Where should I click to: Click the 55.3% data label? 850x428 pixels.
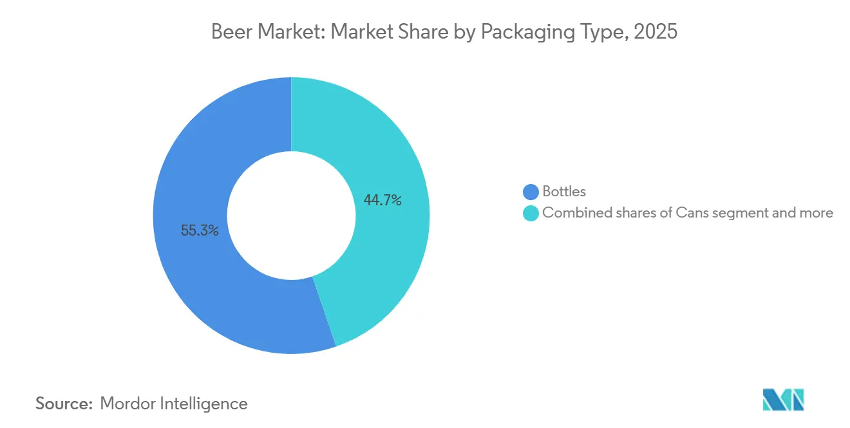200,230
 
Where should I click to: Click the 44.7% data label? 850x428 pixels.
382,200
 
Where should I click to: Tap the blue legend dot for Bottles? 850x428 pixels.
531,192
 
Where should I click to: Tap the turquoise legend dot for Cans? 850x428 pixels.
531,213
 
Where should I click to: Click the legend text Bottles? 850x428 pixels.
564,191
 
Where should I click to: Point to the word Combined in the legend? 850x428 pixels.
572,212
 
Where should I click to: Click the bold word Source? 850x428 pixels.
64,404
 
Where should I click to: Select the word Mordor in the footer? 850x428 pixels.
126,404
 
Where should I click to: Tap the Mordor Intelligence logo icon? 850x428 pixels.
784,400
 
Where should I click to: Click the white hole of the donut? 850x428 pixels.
291,216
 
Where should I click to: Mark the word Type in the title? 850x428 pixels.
603,32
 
